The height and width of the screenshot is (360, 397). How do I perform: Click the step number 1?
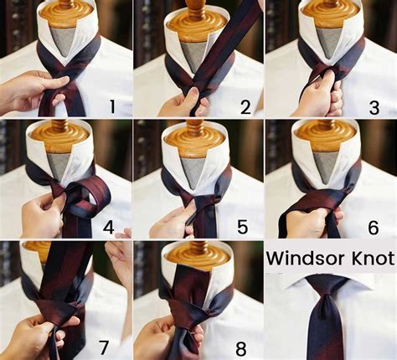[x=115, y=106]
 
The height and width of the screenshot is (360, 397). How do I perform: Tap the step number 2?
[x=245, y=106]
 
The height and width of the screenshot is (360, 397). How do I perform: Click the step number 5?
[x=243, y=226]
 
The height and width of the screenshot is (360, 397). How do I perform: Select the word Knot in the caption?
[x=367, y=259]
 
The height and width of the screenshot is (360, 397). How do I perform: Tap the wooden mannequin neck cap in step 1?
[x=65, y=12]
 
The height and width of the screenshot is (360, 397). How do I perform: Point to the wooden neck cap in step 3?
[x=330, y=13]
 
